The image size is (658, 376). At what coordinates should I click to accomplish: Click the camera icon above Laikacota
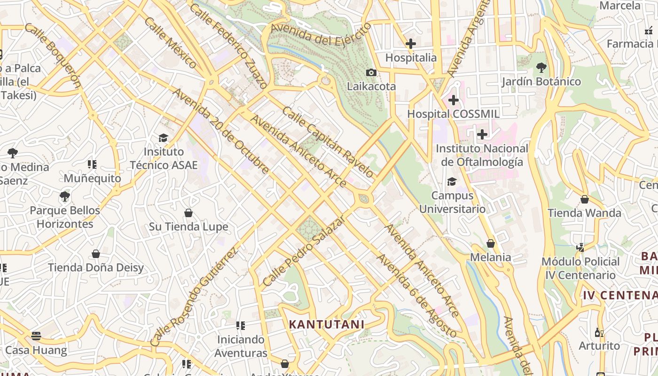(x=371, y=72)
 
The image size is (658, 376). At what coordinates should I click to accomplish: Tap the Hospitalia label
(x=411, y=58)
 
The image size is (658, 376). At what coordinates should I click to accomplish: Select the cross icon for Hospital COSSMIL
(x=453, y=100)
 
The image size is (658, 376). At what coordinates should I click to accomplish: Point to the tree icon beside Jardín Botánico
(x=541, y=68)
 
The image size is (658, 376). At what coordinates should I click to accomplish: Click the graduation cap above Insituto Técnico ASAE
(x=163, y=138)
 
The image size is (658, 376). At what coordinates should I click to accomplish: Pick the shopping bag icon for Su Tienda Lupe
(x=188, y=213)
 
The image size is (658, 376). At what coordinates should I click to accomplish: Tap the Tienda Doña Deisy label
(x=96, y=267)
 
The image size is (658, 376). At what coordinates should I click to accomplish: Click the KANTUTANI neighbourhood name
(x=327, y=324)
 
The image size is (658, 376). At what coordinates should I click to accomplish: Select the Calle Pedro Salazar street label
(x=304, y=251)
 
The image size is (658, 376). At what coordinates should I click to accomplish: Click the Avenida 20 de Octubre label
(x=221, y=131)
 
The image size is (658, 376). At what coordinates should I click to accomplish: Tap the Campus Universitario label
(x=452, y=202)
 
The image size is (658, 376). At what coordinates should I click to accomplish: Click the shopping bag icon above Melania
(x=491, y=243)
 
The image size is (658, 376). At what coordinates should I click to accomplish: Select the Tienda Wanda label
(x=584, y=213)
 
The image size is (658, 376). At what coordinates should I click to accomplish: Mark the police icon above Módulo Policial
(x=580, y=247)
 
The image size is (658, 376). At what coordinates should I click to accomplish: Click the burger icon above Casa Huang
(x=36, y=336)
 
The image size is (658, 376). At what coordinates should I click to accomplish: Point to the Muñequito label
(x=92, y=178)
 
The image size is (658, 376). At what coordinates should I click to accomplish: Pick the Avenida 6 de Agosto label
(x=416, y=296)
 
